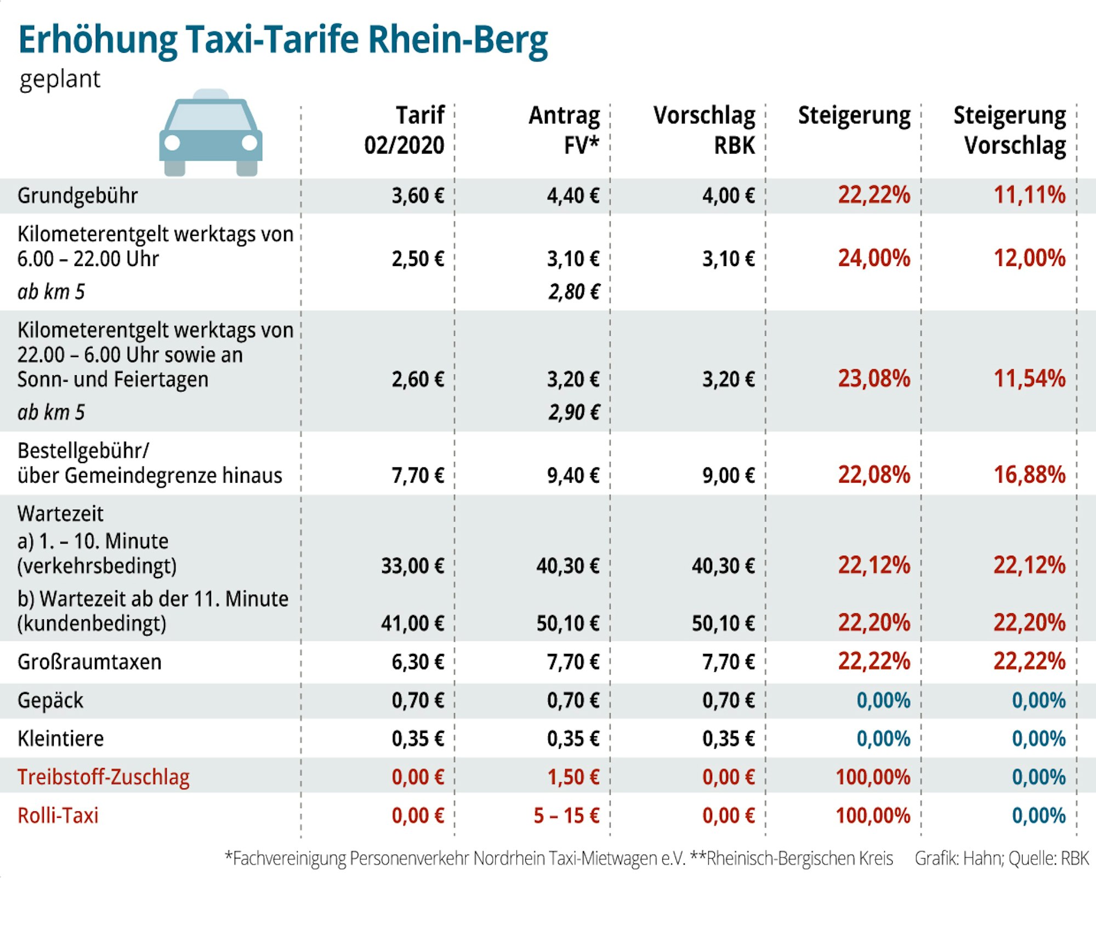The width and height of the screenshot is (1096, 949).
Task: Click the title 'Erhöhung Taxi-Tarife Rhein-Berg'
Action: click(x=283, y=40)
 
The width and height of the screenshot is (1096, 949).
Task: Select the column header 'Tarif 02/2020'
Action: click(x=405, y=131)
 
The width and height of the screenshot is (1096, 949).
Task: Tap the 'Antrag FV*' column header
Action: click(x=565, y=131)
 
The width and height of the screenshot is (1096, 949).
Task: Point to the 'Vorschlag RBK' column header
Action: click(x=705, y=131)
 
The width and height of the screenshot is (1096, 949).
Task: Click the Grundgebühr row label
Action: click(x=77, y=196)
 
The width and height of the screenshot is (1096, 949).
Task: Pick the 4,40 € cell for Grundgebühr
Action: click(x=573, y=196)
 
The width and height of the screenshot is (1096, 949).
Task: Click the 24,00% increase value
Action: click(x=874, y=258)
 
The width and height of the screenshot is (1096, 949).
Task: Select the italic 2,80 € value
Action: click(x=574, y=292)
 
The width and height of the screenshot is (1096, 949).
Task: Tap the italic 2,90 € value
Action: click(x=574, y=413)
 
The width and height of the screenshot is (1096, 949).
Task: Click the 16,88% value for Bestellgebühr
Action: click(x=1030, y=475)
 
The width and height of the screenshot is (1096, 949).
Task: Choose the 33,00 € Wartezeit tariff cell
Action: click(x=412, y=566)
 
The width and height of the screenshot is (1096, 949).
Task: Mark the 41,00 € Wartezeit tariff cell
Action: click(x=412, y=623)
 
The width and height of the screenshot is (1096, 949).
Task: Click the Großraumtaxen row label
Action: click(x=89, y=662)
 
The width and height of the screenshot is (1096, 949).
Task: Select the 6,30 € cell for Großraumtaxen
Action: click(x=417, y=662)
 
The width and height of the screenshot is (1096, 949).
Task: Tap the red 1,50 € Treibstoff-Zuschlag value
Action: click(x=573, y=777)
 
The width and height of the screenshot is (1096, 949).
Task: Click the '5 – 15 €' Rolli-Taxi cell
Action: click(x=566, y=816)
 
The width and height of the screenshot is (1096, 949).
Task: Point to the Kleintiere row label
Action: click(x=60, y=739)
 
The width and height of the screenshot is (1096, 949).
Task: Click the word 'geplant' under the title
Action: click(x=60, y=80)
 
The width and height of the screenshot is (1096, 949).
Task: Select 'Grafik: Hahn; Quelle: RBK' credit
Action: click(x=1002, y=858)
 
